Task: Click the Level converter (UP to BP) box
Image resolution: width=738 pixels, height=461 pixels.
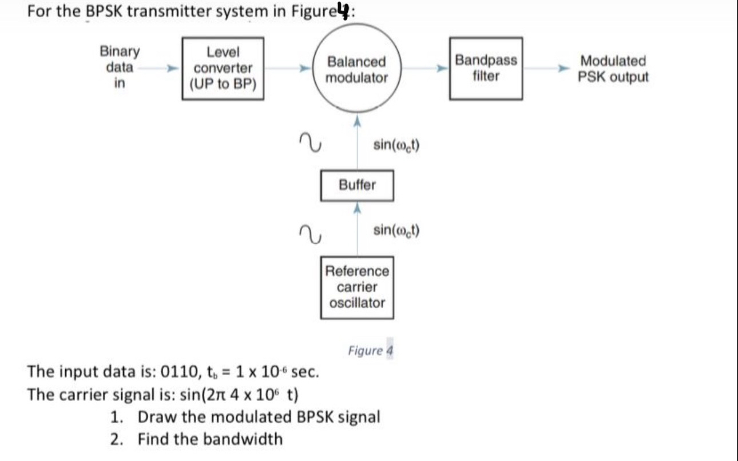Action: pyautogui.click(x=223, y=69)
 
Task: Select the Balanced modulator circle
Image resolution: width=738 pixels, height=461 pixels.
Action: pyautogui.click(x=356, y=69)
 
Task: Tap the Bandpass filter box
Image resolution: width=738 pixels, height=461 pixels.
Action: pyautogui.click(x=486, y=68)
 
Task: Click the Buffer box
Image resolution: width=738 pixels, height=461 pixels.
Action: pyautogui.click(x=357, y=185)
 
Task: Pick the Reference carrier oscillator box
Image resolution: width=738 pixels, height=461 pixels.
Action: pyautogui.click(x=357, y=287)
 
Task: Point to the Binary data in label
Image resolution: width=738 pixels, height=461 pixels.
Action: pyautogui.click(x=120, y=67)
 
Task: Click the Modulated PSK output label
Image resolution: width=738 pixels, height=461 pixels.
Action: pyautogui.click(x=613, y=69)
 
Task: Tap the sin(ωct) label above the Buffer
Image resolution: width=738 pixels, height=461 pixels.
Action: pyautogui.click(x=396, y=145)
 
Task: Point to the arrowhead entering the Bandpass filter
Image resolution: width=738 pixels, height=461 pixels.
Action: pyautogui.click(x=443, y=69)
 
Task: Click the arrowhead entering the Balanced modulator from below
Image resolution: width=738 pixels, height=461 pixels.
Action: pyautogui.click(x=357, y=121)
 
